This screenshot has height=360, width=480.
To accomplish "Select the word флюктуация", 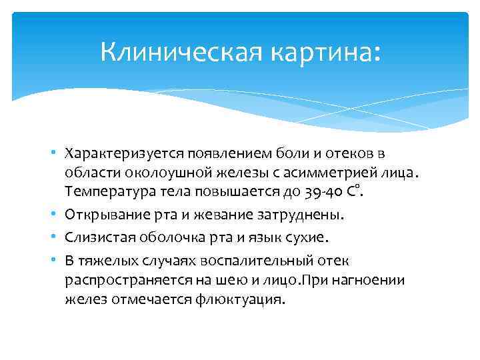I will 247,300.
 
